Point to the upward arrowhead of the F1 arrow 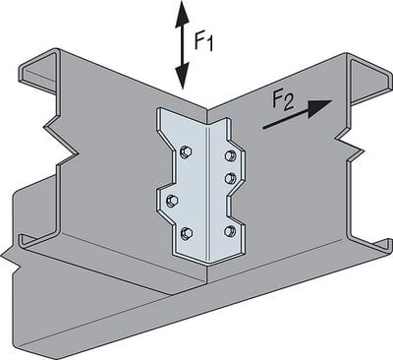coord(180,12)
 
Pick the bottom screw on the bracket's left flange coord(185,233)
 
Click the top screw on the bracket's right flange coord(230,154)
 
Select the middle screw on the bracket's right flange coord(230,178)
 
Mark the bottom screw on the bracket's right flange coord(230,231)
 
